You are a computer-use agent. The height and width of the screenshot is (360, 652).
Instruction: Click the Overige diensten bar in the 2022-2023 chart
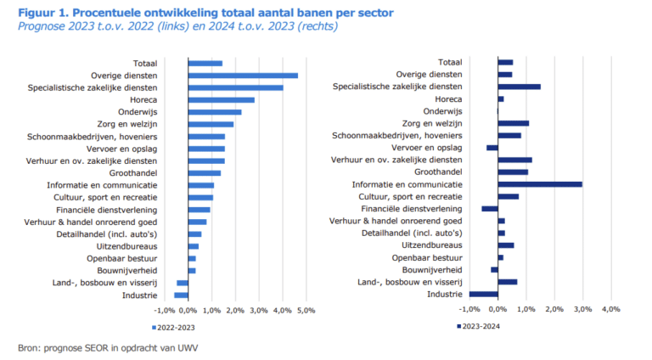pyautogui.click(x=242, y=75)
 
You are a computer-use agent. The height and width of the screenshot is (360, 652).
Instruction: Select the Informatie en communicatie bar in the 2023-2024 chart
pyautogui.click(x=540, y=183)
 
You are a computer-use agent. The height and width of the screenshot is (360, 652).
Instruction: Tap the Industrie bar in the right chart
pyautogui.click(x=483, y=294)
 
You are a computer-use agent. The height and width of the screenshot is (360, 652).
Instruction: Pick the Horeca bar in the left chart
pyautogui.click(x=221, y=99)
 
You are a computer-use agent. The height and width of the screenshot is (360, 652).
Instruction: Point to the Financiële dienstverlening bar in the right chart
pyautogui.click(x=490, y=208)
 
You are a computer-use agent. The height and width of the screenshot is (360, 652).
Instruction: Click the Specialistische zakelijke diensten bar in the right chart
pyautogui.click(x=519, y=87)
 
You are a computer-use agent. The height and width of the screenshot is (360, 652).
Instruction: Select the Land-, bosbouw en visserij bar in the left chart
pyautogui.click(x=183, y=282)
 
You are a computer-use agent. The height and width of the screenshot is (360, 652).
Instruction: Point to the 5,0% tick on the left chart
pyautogui.click(x=306, y=310)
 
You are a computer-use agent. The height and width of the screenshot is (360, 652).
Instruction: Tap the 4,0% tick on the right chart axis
pyautogui.click(x=610, y=310)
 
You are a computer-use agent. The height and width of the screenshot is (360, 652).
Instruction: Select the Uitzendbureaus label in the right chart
pyautogui.click(x=433, y=245)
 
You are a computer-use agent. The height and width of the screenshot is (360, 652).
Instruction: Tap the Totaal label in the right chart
pyautogui.click(x=449, y=62)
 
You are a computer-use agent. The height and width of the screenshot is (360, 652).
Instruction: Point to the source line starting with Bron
pyautogui.click(x=101, y=347)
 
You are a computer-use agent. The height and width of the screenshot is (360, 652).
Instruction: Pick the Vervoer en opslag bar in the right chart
pyautogui.click(x=492, y=148)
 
